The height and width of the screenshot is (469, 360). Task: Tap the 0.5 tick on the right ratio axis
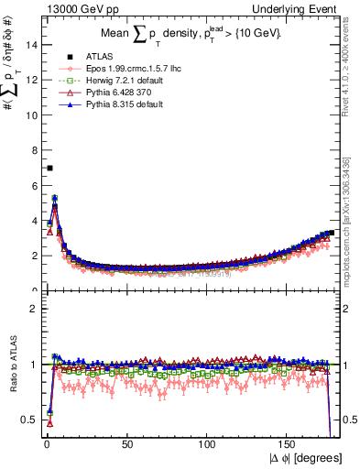click(x=349, y=420)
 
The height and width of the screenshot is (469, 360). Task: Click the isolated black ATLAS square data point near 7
click(x=49, y=168)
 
